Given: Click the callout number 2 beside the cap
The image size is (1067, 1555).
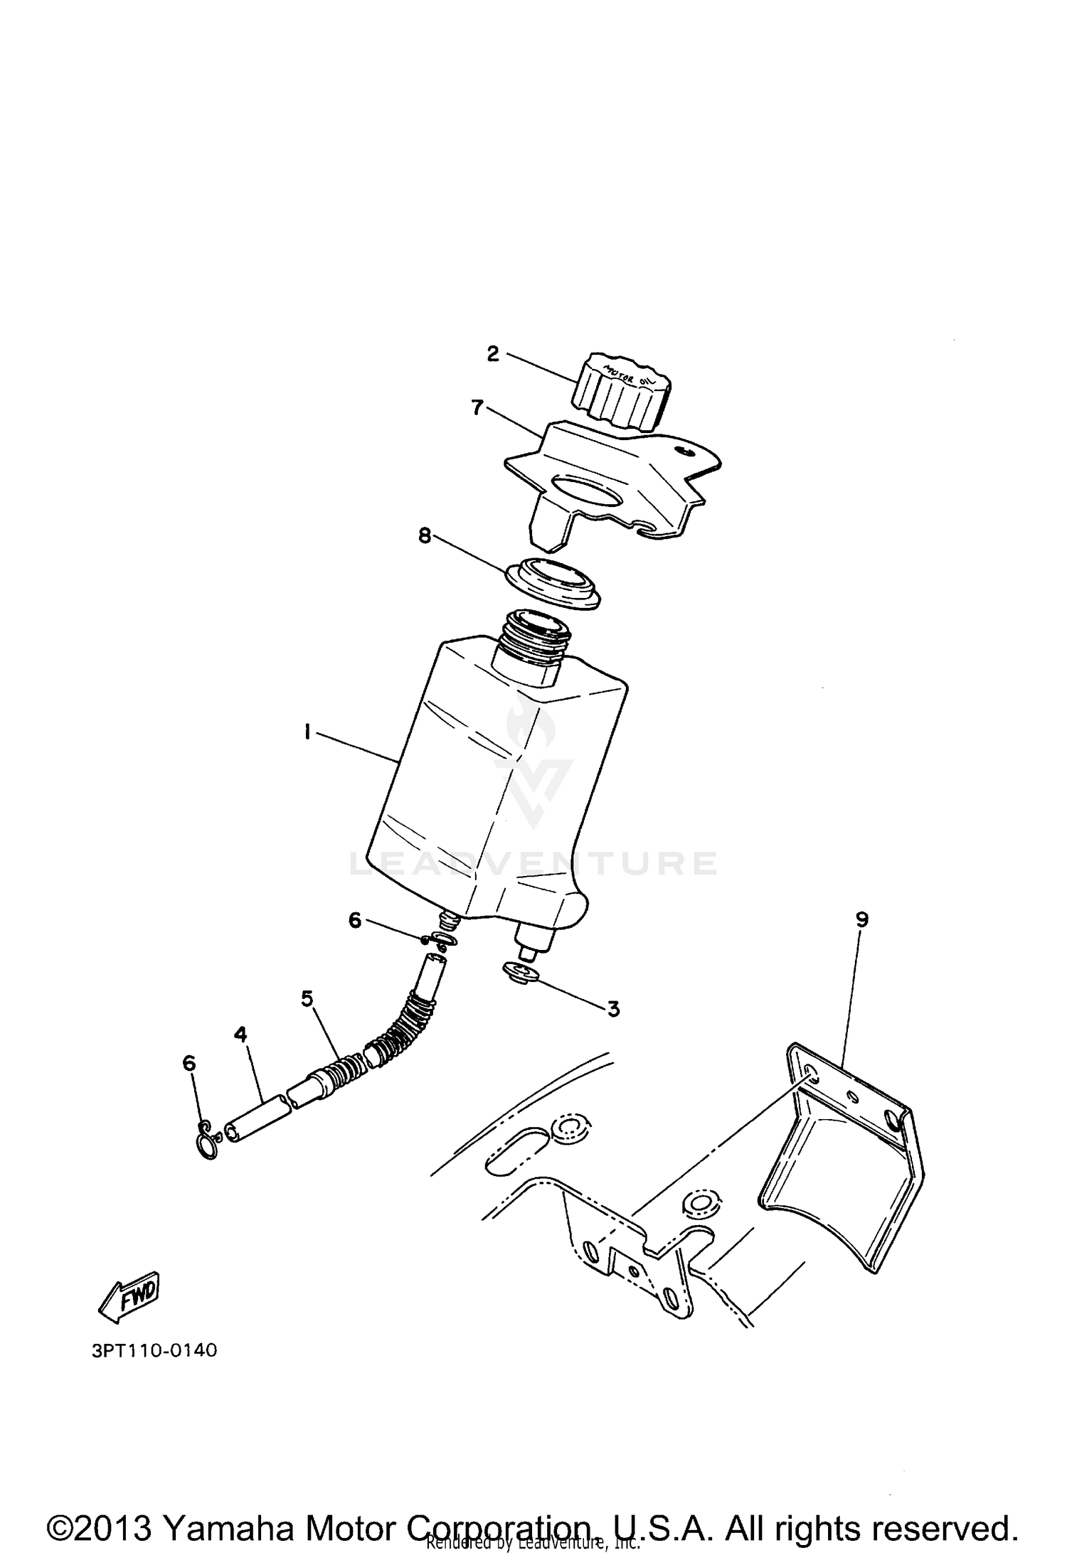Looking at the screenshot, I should coord(493,354).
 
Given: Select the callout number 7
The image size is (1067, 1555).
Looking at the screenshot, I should coord(477,407).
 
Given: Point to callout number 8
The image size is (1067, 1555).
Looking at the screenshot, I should coord(425,535).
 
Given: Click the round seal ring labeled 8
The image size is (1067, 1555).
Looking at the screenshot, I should coord(552,578).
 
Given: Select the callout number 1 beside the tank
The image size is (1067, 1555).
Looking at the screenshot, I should coord(307,732).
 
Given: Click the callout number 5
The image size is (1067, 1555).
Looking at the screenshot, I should coord(307,998).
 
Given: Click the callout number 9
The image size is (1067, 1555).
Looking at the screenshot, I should coord(861,919).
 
